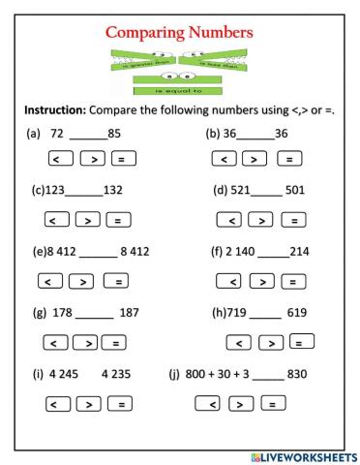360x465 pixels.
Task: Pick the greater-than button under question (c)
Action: click(x=89, y=220)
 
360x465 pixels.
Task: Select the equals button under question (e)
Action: click(x=118, y=282)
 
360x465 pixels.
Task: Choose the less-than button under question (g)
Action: click(x=58, y=342)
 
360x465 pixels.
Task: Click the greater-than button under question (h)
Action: click(x=270, y=342)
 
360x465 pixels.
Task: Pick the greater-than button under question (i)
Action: click(x=89, y=403)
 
